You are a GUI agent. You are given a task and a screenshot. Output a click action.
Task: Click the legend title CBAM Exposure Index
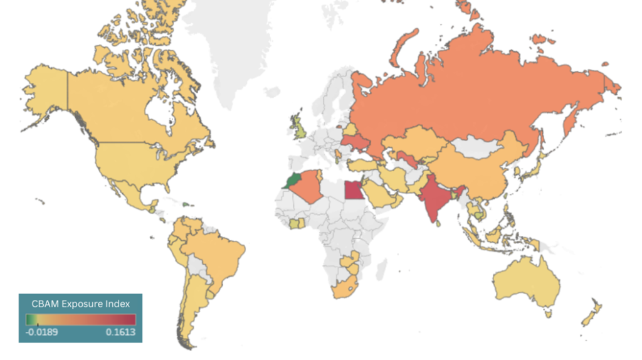[x=80, y=304]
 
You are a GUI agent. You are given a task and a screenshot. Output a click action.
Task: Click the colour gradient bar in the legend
[x=80, y=319]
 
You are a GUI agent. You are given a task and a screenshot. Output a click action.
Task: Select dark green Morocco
[x=291, y=181]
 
